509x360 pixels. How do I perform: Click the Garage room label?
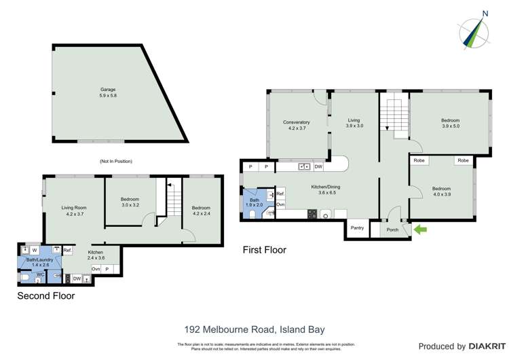(108, 92)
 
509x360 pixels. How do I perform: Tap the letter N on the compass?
(485, 13)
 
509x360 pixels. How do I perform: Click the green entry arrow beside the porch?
(420, 230)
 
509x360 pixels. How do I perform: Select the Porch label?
(393, 230)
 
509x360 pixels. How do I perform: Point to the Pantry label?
(357, 228)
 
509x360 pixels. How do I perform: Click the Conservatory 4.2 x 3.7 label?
(297, 125)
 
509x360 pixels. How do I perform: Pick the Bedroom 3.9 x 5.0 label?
(451, 123)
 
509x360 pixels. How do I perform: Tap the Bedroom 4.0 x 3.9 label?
(441, 192)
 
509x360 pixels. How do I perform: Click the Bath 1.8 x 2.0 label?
(254, 203)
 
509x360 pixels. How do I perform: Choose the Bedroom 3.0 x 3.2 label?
(130, 201)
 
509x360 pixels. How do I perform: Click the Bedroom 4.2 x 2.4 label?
(201, 211)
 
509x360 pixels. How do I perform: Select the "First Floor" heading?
(265, 251)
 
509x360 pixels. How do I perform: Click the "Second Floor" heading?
(45, 296)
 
